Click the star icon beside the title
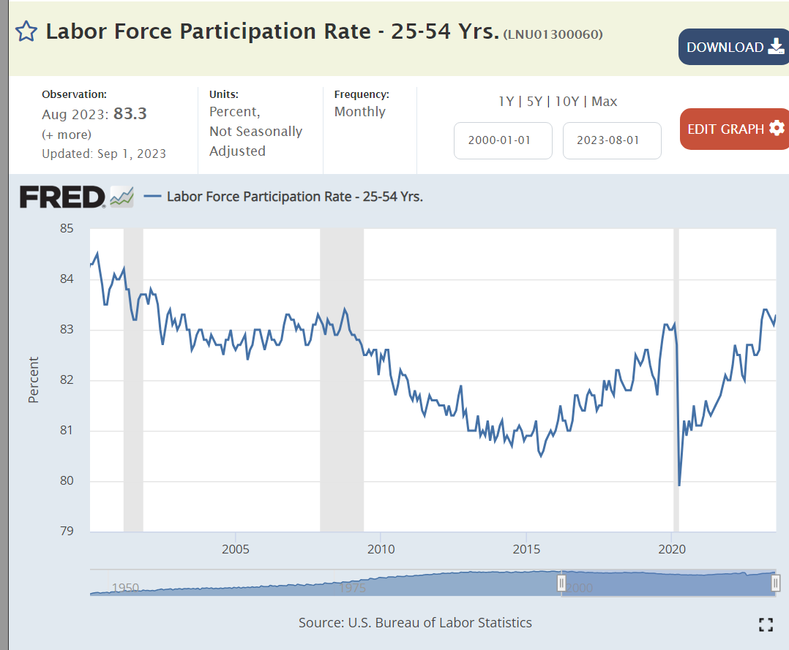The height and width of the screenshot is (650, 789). coord(26,31)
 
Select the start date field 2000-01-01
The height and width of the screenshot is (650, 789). coord(503,140)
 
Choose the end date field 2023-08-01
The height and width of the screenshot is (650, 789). coord(612,140)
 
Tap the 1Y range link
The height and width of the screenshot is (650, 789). coord(506,102)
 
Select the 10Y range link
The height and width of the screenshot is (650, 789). coord(567,102)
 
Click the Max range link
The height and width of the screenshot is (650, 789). coord(605,102)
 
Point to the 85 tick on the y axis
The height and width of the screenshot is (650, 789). coord(67,229)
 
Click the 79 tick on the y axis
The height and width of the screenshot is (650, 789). coord(67,531)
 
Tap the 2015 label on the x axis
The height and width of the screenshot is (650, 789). coord(526,549)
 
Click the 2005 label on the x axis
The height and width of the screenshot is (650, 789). coord(235,549)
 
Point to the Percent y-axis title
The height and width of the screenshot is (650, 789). coord(34,379)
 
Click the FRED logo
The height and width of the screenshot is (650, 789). coord(63,197)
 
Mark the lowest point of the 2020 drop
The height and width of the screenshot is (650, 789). coord(679,485)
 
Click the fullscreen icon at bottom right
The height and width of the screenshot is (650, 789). coord(766,624)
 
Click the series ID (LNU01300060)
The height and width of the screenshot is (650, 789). coord(553,34)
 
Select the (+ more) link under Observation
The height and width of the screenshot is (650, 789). coord(67,135)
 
